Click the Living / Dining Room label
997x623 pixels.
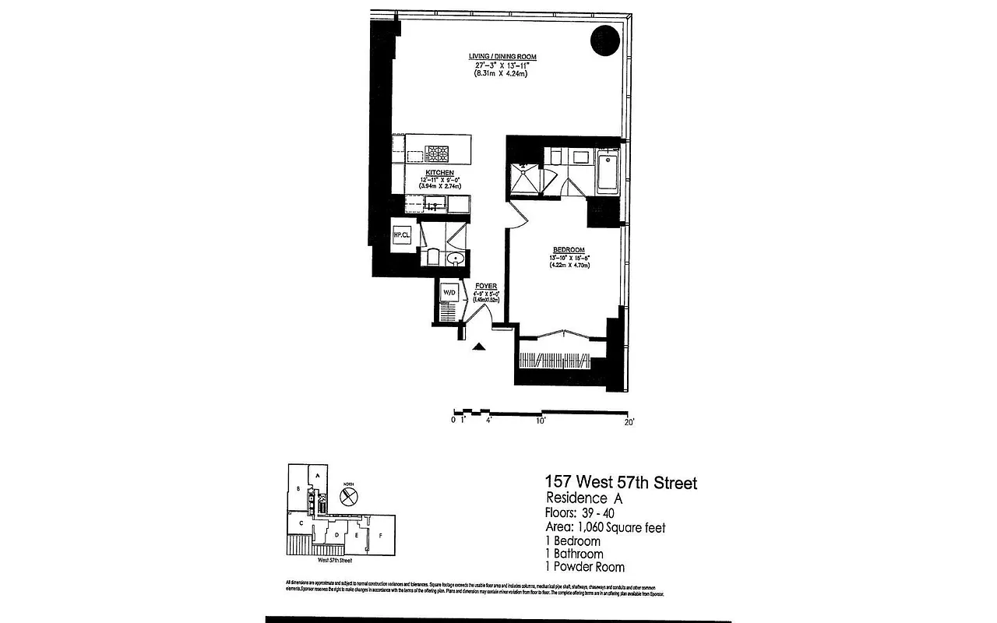[502, 57]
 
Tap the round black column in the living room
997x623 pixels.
[605, 40]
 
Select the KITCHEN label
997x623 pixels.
[439, 171]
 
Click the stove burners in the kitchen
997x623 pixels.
[435, 153]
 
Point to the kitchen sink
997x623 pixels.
[435, 205]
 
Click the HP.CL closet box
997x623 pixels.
[402, 234]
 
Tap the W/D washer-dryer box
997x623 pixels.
[449, 293]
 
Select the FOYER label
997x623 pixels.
[486, 287]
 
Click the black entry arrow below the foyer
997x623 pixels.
[481, 347]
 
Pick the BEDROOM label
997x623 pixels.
[569, 250]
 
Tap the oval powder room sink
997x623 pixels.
[456, 258]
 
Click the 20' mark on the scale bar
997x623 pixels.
[629, 421]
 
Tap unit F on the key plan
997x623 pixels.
[381, 537]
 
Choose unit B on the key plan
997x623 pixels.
[298, 488]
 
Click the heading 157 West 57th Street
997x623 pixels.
[621, 484]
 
